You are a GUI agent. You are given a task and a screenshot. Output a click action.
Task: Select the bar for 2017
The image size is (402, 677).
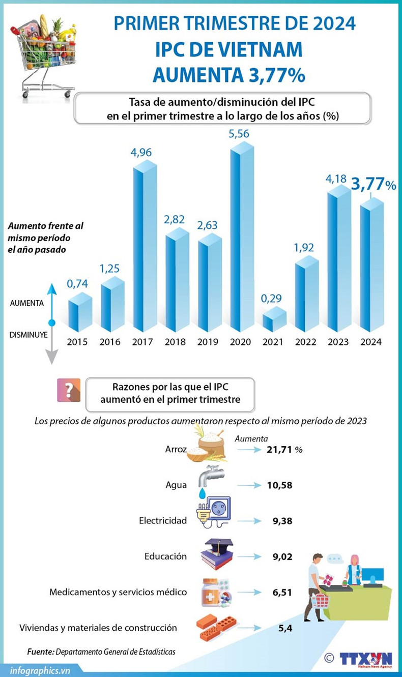click(x=144, y=249)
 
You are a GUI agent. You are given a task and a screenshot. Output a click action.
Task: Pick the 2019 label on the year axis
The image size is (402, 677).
click(x=209, y=342)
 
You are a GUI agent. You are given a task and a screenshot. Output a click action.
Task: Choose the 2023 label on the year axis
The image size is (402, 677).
click(x=338, y=342)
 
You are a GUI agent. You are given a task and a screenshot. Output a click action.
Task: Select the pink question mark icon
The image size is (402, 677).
click(x=68, y=390)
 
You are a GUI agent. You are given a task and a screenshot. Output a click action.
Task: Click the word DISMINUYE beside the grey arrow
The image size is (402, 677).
click(x=28, y=335)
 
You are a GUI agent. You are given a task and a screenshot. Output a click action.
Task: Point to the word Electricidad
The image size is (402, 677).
click(x=162, y=520)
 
